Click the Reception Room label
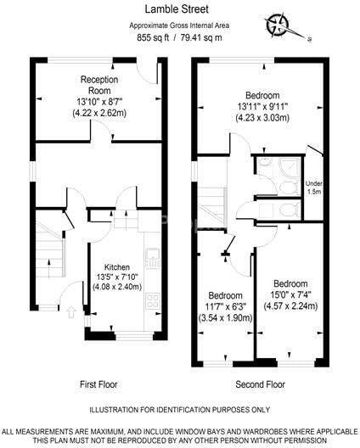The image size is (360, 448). (99, 85)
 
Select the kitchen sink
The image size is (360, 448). (152, 255)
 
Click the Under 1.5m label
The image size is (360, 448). (314, 187)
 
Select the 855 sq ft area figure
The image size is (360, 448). (154, 37)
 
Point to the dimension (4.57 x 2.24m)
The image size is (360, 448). (290, 307)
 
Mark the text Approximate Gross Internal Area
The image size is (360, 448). (178, 25)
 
